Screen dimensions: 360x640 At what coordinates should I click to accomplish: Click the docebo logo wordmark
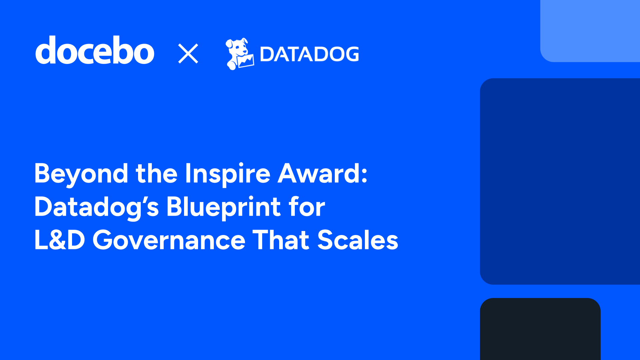click(x=95, y=51)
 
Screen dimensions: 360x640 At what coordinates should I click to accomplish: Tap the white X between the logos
click(x=188, y=53)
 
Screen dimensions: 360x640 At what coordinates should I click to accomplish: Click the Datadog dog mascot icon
click(x=239, y=54)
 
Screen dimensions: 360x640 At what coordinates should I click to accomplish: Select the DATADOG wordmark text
click(x=309, y=54)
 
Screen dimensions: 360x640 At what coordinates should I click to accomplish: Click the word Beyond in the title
click(x=81, y=174)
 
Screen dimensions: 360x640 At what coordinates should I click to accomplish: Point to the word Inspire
click(x=227, y=174)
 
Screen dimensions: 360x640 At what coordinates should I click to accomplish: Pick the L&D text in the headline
click(x=60, y=240)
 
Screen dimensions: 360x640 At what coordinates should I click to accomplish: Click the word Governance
click(x=169, y=240)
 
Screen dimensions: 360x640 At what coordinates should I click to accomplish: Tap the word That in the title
click(x=281, y=240)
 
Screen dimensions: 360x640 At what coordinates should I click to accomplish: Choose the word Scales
click(x=358, y=240)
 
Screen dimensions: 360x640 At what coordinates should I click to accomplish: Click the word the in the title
click(x=156, y=173)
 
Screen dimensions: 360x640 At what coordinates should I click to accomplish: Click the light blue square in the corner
click(x=590, y=31)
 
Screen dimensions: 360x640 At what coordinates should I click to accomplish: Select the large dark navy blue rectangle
click(x=560, y=181)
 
